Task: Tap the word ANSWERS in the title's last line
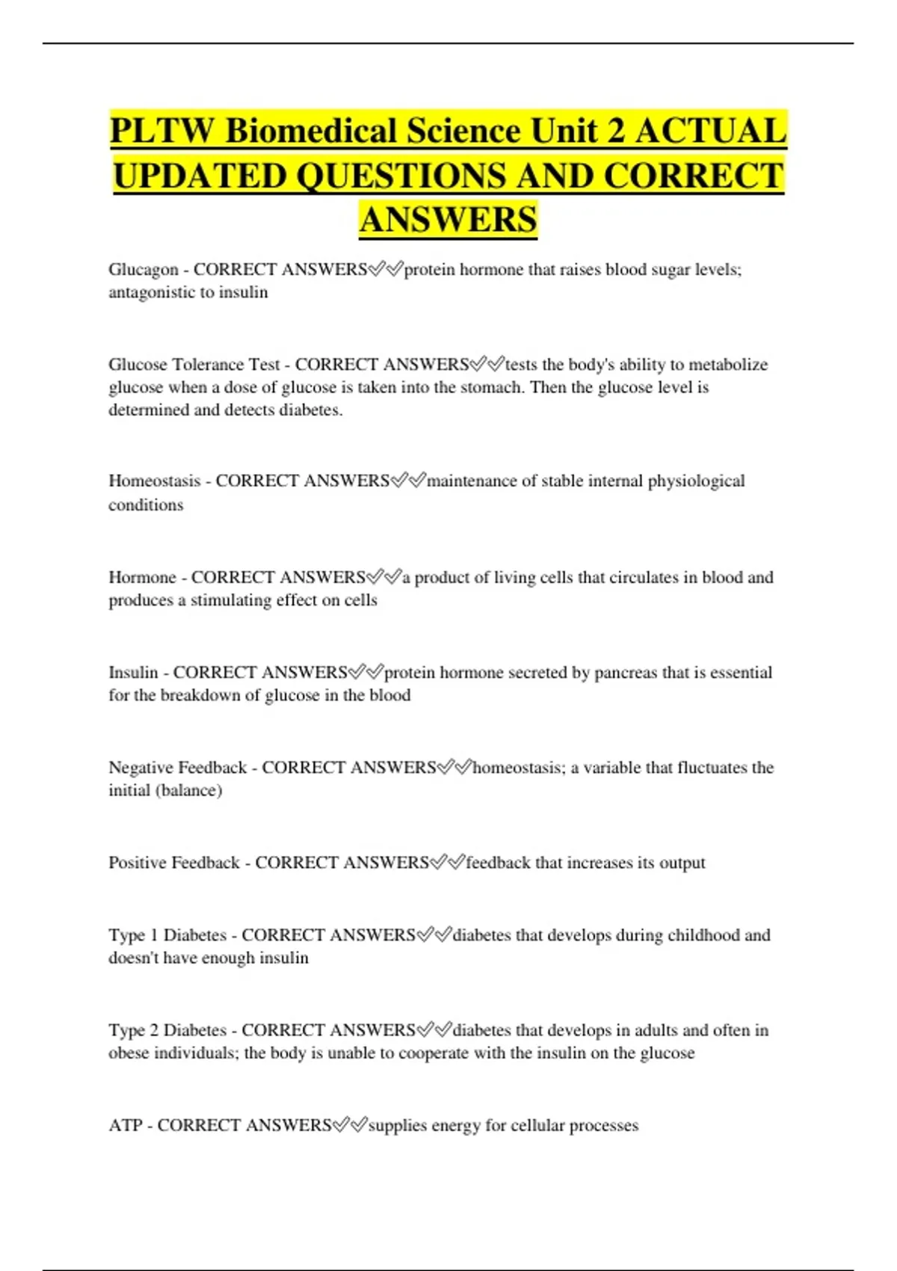click(x=448, y=220)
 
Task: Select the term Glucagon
click(x=144, y=270)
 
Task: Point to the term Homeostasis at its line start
click(x=154, y=481)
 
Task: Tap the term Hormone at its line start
click(x=142, y=577)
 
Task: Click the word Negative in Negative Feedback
click(x=140, y=768)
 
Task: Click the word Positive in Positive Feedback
click(x=137, y=863)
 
